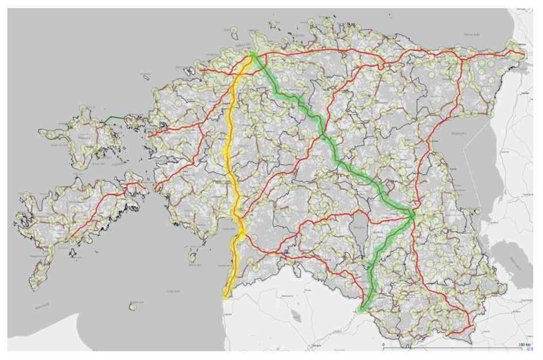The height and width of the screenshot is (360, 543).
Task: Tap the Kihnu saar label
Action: point(195,265)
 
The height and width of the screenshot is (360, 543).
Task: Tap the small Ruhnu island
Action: point(133,307)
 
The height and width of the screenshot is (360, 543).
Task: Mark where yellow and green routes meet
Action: point(252,55)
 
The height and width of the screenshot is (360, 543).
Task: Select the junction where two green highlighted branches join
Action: point(412,214)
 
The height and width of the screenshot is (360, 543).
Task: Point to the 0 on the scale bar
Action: point(383,344)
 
